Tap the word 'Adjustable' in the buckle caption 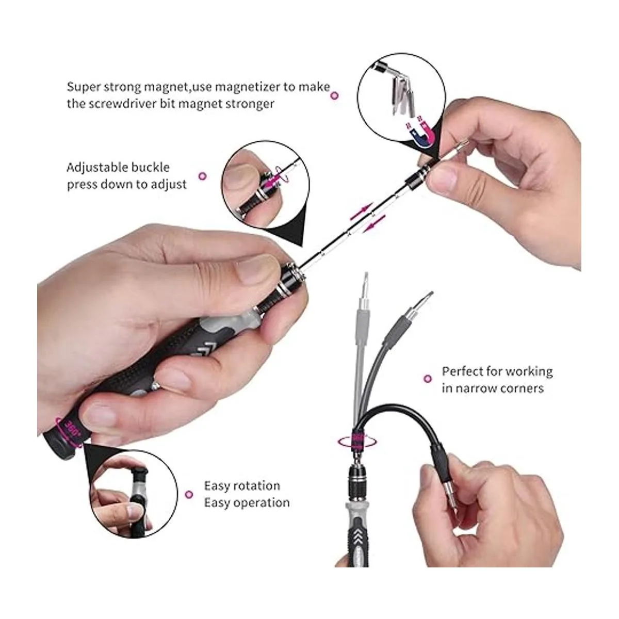[x=95, y=167]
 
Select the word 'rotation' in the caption [x=258, y=486]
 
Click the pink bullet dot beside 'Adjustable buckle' [x=202, y=176]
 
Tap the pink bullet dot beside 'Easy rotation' [x=189, y=494]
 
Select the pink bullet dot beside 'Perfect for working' [x=427, y=379]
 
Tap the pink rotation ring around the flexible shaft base [x=356, y=442]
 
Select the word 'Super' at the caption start [x=83, y=88]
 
